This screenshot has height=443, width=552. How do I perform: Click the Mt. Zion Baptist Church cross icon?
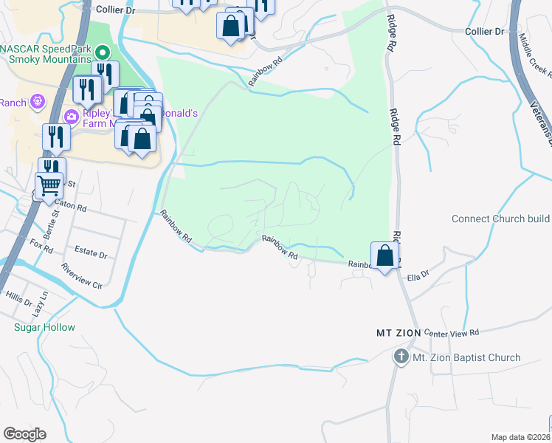[401, 357]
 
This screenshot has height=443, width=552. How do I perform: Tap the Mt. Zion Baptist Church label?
[466, 358]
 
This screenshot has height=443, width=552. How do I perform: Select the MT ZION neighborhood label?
[399, 333]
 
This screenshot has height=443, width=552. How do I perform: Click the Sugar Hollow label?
[44, 327]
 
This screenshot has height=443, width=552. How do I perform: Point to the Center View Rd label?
[452, 332]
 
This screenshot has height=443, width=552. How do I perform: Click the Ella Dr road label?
[418, 278]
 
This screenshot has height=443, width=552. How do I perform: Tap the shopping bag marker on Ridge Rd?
[385, 257]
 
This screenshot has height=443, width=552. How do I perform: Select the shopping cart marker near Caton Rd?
[49, 185]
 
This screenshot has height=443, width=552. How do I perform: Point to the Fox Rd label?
[42, 246]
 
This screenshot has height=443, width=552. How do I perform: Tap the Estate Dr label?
[92, 253]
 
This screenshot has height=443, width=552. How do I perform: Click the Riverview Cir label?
[82, 275]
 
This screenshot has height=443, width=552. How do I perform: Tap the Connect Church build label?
[501, 219]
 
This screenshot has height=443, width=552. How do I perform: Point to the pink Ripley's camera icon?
[72, 115]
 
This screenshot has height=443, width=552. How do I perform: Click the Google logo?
[24, 434]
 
